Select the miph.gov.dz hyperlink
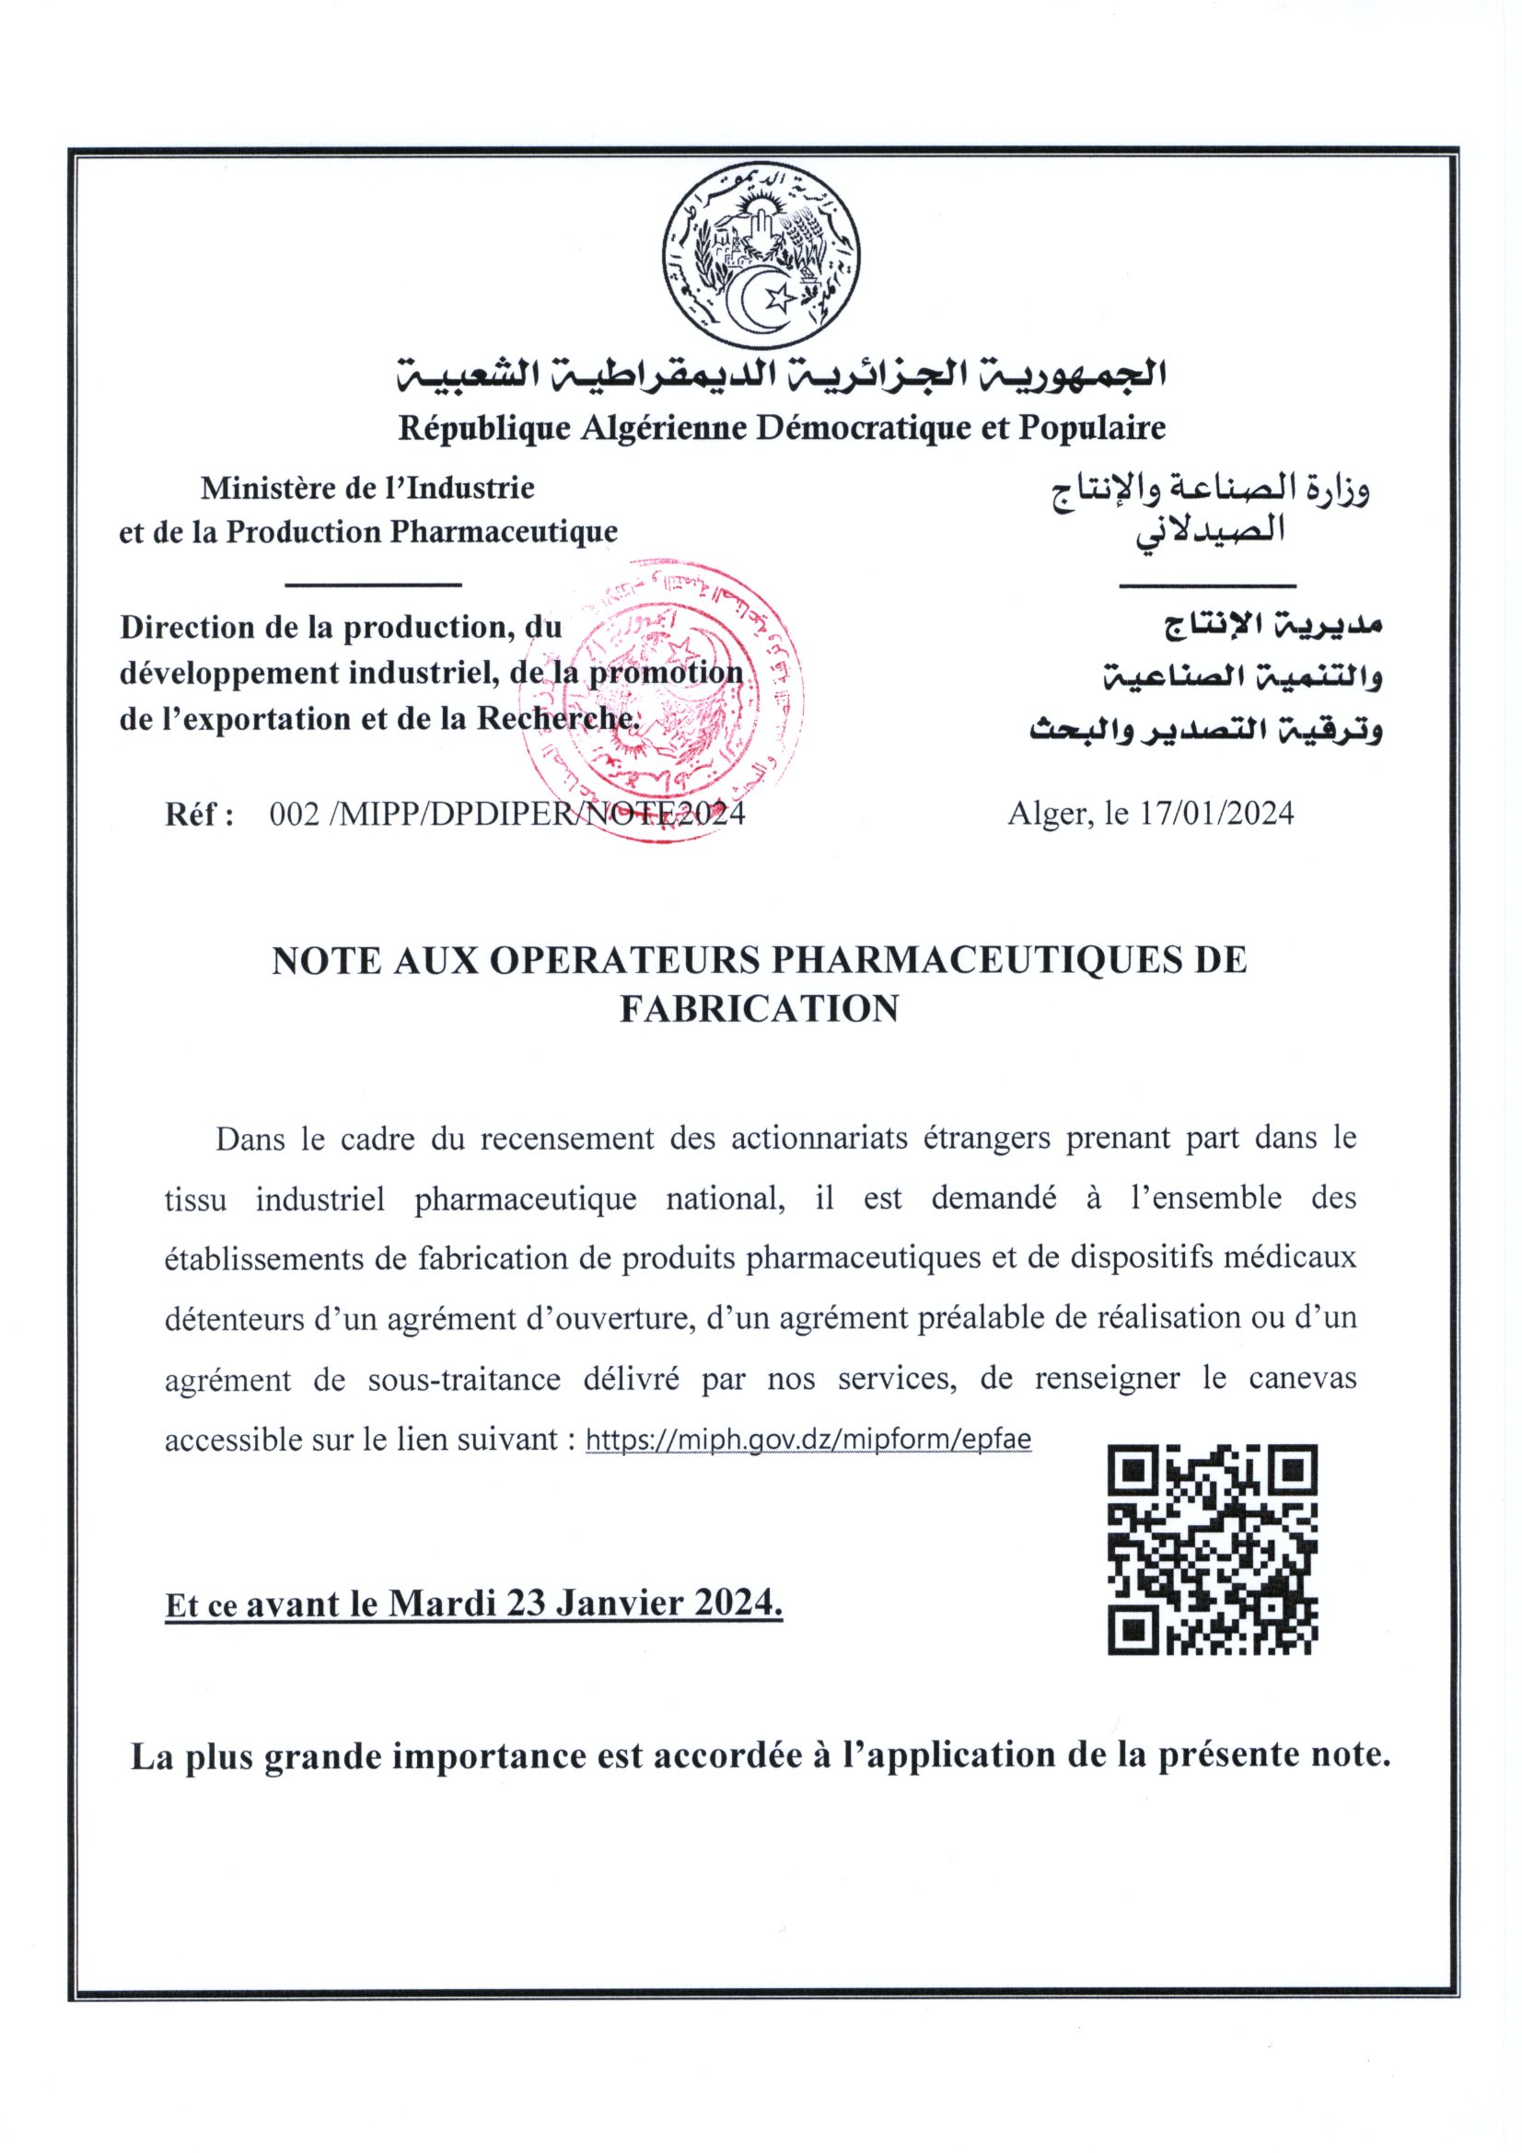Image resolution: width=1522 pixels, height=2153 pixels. click(807, 1440)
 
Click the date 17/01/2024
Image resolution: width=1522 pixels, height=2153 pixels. click(1216, 813)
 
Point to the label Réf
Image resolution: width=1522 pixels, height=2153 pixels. click(198, 814)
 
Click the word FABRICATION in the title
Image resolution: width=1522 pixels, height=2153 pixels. click(760, 1008)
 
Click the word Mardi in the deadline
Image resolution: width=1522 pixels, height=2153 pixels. click(442, 1603)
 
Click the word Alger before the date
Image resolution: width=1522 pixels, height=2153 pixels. click(1048, 814)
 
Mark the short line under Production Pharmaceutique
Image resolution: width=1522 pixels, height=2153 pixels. click(372, 585)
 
